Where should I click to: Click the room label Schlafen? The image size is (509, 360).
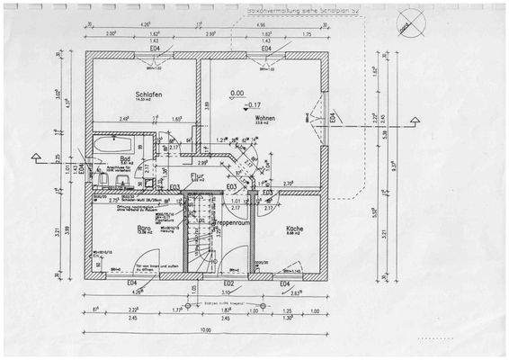coord(147,95)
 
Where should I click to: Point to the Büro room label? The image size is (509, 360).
coord(144,229)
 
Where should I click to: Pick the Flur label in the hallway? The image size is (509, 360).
coord(209,177)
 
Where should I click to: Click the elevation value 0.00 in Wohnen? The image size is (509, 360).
coord(237,93)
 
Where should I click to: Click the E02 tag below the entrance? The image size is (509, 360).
coord(228,283)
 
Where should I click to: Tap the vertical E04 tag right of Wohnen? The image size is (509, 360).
coord(332,118)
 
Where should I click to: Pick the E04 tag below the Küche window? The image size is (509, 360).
coord(284,283)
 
